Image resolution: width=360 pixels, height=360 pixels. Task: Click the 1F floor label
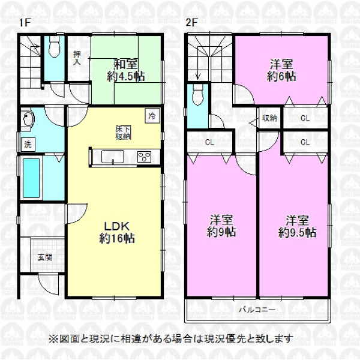pyautogui.click(x=25, y=23)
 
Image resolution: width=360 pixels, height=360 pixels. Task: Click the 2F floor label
pyautogui.click(x=191, y=23)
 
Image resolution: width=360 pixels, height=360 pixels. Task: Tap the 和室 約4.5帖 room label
pyautogui.click(x=125, y=70)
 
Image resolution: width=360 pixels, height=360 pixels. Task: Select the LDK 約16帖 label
pyautogui.click(x=117, y=232)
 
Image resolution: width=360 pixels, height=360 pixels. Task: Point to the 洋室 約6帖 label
pyautogui.click(x=281, y=70)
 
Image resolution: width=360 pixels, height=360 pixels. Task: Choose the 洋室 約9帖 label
pyautogui.click(x=221, y=226)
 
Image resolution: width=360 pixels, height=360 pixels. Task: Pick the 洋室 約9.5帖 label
pyautogui.click(x=297, y=226)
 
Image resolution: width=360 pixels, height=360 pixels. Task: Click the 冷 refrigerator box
pyautogui.click(x=152, y=116)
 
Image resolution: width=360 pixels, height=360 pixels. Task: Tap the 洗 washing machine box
pyautogui.click(x=28, y=145)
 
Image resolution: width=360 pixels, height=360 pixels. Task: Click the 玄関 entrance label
pyautogui.click(x=45, y=257)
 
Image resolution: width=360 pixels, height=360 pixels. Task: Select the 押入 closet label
pyautogui.click(x=77, y=58)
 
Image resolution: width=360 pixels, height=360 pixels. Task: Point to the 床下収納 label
pyautogui.click(x=123, y=132)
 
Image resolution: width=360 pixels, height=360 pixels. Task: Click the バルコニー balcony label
pyautogui.click(x=257, y=310)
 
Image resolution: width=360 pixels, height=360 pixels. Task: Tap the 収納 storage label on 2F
pyautogui.click(x=269, y=118)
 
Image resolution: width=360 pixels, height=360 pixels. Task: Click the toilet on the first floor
pyautogui.click(x=55, y=47)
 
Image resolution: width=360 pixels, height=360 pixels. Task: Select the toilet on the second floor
pyautogui.click(x=198, y=95)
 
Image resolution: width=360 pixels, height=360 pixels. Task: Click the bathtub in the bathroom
pyautogui.click(x=31, y=178)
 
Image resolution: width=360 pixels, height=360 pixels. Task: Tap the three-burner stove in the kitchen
pyautogui.click(x=144, y=157)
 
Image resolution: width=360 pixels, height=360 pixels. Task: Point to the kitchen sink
pyautogui.click(x=113, y=157)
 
